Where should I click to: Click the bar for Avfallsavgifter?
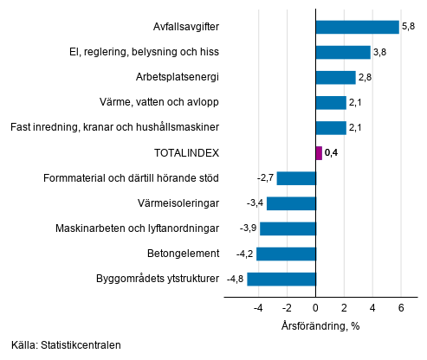coord(357,27)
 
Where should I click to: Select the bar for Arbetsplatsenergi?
coord(336,78)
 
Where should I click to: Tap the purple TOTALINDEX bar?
coord(319,153)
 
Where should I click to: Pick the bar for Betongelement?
coord(286,254)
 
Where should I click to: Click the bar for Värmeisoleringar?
coord(291,203)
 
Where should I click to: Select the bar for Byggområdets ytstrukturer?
coord(281,280)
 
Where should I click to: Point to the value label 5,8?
coord(409,27)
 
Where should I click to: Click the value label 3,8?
coord(380,53)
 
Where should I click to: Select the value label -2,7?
coord(265,178)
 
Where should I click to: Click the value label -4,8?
coord(235,280)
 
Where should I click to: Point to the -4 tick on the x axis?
coord(258,307)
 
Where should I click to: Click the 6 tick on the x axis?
coord(401,307)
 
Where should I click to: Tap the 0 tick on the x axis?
coord(316,307)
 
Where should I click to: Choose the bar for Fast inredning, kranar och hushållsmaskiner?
coord(331,128)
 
